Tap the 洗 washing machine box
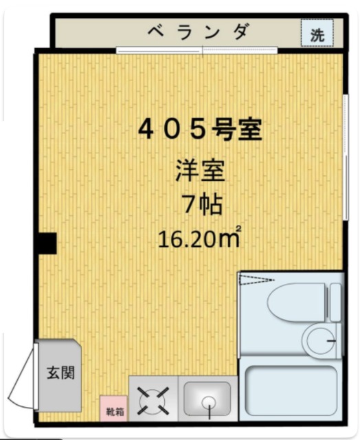(317, 34)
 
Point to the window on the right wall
(344, 137)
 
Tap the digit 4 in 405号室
(147, 129)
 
